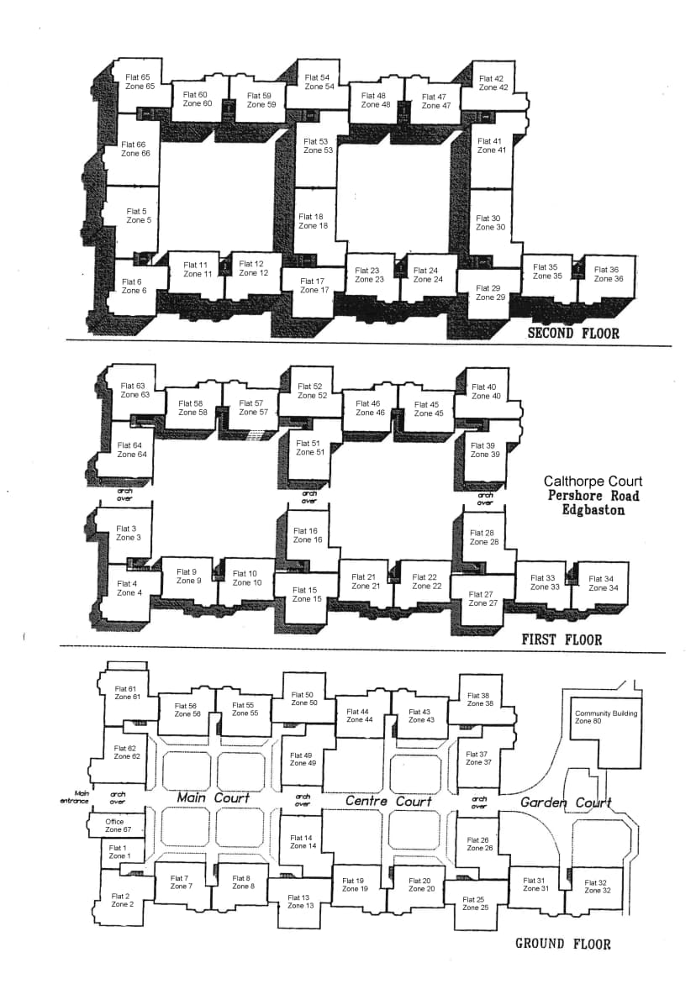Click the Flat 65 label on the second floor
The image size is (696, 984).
(x=138, y=77)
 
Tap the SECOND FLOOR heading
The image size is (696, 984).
(x=573, y=334)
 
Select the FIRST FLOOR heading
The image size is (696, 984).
(x=562, y=640)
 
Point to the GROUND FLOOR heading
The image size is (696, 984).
(x=563, y=944)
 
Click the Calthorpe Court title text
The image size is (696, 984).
(x=593, y=481)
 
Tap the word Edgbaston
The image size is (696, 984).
(x=593, y=509)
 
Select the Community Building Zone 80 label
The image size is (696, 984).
(x=605, y=717)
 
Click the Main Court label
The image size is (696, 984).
(x=214, y=797)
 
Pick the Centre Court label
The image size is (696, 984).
(x=388, y=802)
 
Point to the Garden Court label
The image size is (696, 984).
(x=566, y=802)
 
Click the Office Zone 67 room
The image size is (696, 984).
(x=118, y=826)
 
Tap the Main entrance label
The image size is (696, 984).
(x=74, y=797)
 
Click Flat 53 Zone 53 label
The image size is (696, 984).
(x=319, y=145)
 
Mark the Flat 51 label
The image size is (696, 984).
(x=308, y=443)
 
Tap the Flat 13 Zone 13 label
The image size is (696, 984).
(x=301, y=902)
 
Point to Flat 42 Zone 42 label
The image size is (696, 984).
(x=493, y=83)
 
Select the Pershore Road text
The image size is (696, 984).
(x=593, y=496)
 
